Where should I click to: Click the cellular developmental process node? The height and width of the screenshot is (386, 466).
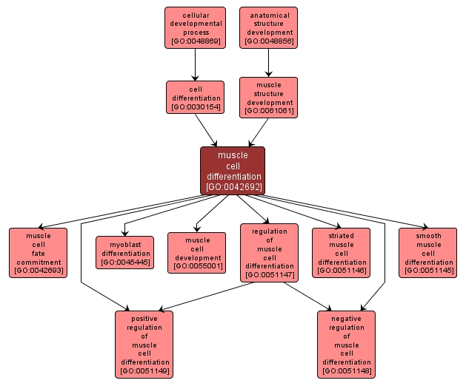click(195, 28)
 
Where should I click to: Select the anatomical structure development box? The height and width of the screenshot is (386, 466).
click(269, 28)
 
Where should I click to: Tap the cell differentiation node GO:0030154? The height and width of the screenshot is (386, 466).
click(195, 98)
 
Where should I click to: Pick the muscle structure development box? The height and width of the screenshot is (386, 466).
click(268, 98)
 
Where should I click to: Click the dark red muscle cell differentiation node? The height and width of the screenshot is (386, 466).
click(233, 170)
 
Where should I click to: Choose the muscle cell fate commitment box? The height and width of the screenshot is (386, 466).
click(38, 253)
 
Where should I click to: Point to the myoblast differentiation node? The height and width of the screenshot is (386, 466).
click(125, 253)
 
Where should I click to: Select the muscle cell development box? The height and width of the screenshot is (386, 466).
click(197, 253)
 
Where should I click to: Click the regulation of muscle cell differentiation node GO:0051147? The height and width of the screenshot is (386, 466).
click(270, 253)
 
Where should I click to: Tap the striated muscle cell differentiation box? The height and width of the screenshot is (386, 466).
click(341, 253)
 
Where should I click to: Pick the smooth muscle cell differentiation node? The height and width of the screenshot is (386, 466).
click(428, 253)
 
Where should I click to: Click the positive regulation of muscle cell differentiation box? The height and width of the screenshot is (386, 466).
click(144, 344)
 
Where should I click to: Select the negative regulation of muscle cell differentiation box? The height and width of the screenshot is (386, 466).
click(346, 344)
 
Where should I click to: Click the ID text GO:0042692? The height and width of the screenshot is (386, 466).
click(233, 187)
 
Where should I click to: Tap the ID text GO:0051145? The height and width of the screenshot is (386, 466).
click(428, 271)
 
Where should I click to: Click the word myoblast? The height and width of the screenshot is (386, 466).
click(125, 244)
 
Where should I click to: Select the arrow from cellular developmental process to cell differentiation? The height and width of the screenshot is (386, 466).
click(195, 65)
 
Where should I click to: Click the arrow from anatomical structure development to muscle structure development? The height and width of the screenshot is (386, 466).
click(268, 63)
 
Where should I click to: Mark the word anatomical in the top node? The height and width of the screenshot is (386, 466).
click(269, 15)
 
